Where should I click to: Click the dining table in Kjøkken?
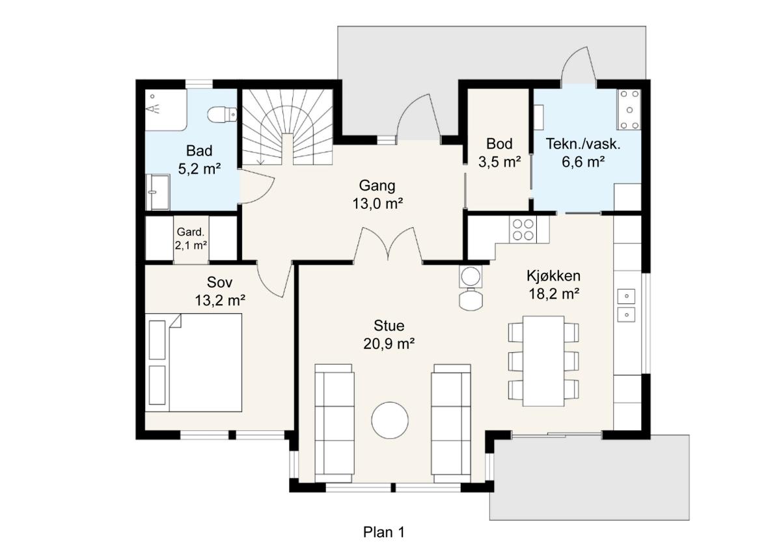click(543, 361)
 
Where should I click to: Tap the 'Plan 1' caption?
click(383, 532)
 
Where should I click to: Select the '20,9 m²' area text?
click(389, 343)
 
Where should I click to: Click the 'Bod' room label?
click(499, 144)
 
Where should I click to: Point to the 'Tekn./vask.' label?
click(583, 144)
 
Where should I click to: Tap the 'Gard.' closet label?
click(191, 232)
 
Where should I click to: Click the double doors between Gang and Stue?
click(389, 246)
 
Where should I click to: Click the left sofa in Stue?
click(335, 422)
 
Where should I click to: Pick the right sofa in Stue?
click(451, 422)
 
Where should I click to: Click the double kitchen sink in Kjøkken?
click(626, 305)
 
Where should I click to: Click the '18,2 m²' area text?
click(553, 294)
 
